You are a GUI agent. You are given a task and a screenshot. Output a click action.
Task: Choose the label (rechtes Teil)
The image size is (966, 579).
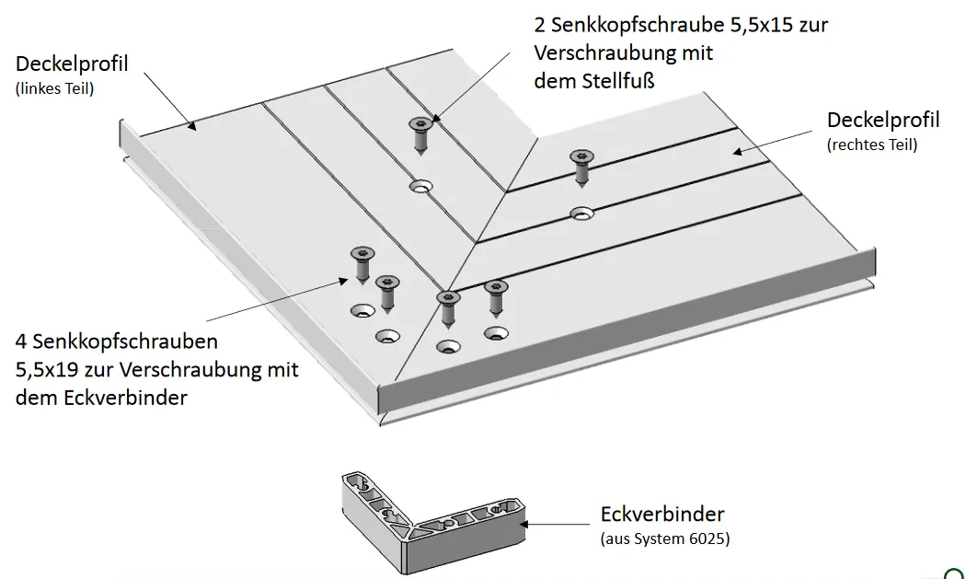pos(872,145)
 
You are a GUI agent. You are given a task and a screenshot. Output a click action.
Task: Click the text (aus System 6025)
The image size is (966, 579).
pos(664,538)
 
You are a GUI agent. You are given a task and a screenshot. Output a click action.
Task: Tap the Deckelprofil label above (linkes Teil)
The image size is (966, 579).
pos(72,64)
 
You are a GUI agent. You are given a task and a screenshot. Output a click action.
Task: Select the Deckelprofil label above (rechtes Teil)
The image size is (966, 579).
pos(883,120)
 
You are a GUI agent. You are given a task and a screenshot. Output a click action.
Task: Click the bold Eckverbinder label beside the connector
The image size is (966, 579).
pos(662,514)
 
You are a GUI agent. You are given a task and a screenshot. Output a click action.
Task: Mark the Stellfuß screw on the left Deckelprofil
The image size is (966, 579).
pos(421,133)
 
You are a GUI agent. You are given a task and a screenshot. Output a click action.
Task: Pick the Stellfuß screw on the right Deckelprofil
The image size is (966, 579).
pos(581,166)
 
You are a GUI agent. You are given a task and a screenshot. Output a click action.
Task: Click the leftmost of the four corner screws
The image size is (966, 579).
pos(360,263)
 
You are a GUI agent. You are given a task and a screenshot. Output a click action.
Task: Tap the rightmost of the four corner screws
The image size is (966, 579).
pos(496,298)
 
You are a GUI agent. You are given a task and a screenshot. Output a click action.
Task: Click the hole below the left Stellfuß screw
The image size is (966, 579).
pos(421,186)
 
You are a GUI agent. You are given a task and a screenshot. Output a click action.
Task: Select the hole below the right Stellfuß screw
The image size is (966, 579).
pos(581,214)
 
